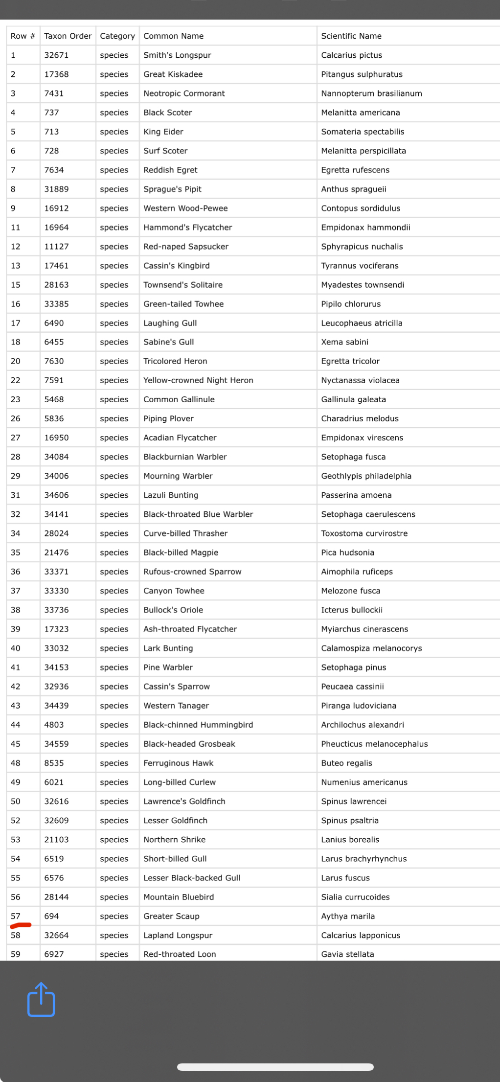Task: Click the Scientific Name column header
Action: tap(351, 36)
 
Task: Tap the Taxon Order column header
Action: tap(68, 36)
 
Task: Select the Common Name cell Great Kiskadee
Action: tap(173, 74)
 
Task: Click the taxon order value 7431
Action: tap(54, 93)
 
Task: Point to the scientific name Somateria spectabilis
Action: tap(362, 132)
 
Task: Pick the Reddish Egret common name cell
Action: tap(170, 170)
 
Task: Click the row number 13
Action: tap(16, 266)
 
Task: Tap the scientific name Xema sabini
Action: tap(344, 342)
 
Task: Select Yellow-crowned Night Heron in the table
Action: tap(198, 380)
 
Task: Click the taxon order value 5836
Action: tap(54, 418)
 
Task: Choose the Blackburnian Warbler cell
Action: tap(185, 457)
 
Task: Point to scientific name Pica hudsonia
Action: tap(347, 553)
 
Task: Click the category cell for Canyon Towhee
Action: tap(114, 591)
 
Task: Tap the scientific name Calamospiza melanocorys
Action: tap(371, 648)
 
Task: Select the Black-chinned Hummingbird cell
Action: tap(198, 725)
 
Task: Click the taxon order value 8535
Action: tap(54, 763)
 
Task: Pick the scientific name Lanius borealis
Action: tap(350, 839)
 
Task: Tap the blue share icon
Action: tap(41, 1000)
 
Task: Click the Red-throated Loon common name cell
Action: tap(180, 954)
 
